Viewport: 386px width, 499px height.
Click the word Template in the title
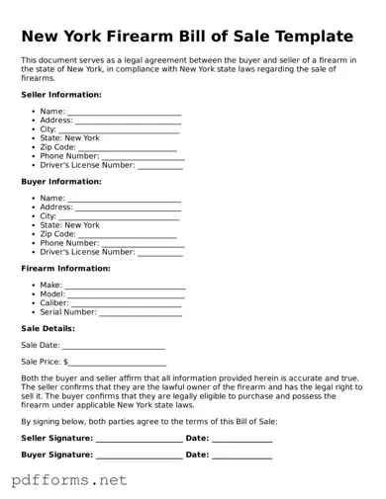(x=308, y=37)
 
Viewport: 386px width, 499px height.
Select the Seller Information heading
(x=60, y=95)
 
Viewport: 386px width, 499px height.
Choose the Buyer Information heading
(x=60, y=182)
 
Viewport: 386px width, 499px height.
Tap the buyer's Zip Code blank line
(x=134, y=235)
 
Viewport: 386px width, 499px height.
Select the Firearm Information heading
(x=65, y=269)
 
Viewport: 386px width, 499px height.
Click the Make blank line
(x=125, y=287)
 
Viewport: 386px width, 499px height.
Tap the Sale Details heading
(x=48, y=329)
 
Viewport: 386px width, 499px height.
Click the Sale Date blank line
(x=113, y=347)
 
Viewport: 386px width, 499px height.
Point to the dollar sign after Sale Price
(x=66, y=363)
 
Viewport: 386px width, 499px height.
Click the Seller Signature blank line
(x=139, y=439)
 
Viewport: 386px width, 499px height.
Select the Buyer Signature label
(x=56, y=456)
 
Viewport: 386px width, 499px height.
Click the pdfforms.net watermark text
(x=69, y=481)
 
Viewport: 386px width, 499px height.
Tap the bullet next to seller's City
(x=34, y=129)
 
